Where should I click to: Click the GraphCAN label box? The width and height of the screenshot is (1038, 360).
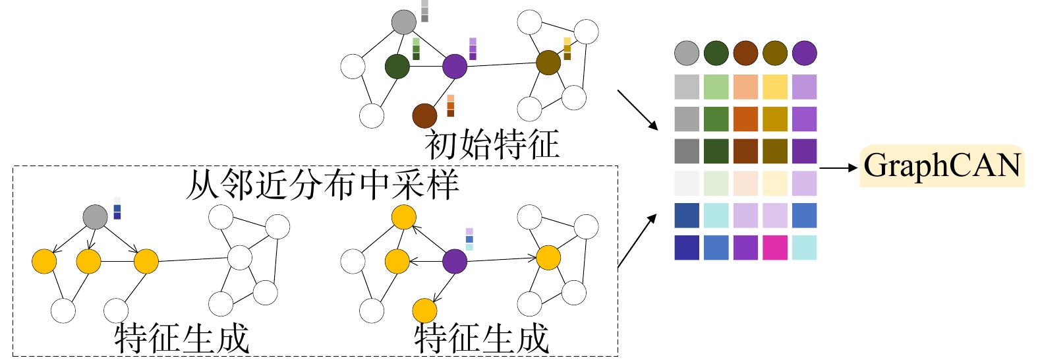click(942, 165)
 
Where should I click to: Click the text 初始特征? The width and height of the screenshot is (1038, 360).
click(492, 144)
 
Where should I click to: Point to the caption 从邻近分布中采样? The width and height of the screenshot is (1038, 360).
click(322, 185)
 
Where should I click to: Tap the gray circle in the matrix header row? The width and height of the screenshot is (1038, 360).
click(687, 53)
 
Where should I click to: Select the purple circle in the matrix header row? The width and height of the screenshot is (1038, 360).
click(804, 53)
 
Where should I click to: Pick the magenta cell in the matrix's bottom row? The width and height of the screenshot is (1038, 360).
click(775, 247)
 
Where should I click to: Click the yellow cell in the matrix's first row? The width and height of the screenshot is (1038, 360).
click(775, 87)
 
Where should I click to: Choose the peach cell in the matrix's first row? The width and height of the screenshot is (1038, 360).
click(745, 87)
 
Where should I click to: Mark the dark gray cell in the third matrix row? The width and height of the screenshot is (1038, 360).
click(687, 151)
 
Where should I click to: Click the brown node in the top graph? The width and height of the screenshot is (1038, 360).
click(424, 115)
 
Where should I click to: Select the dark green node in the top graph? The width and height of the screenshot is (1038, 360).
click(397, 66)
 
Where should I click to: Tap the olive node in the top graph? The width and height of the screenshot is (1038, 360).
click(548, 63)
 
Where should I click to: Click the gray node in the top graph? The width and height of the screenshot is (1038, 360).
click(404, 22)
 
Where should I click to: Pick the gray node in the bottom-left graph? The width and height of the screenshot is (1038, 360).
click(96, 217)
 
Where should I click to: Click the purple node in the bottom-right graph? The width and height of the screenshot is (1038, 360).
click(455, 261)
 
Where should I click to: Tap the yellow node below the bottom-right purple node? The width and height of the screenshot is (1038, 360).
click(425, 311)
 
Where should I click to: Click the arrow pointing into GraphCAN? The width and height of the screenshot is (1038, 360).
click(838, 168)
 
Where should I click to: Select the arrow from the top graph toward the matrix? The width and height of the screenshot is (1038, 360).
click(637, 109)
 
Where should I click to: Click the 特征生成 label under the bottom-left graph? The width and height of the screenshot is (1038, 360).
click(182, 338)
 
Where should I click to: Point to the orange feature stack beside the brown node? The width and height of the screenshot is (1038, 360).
click(451, 105)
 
